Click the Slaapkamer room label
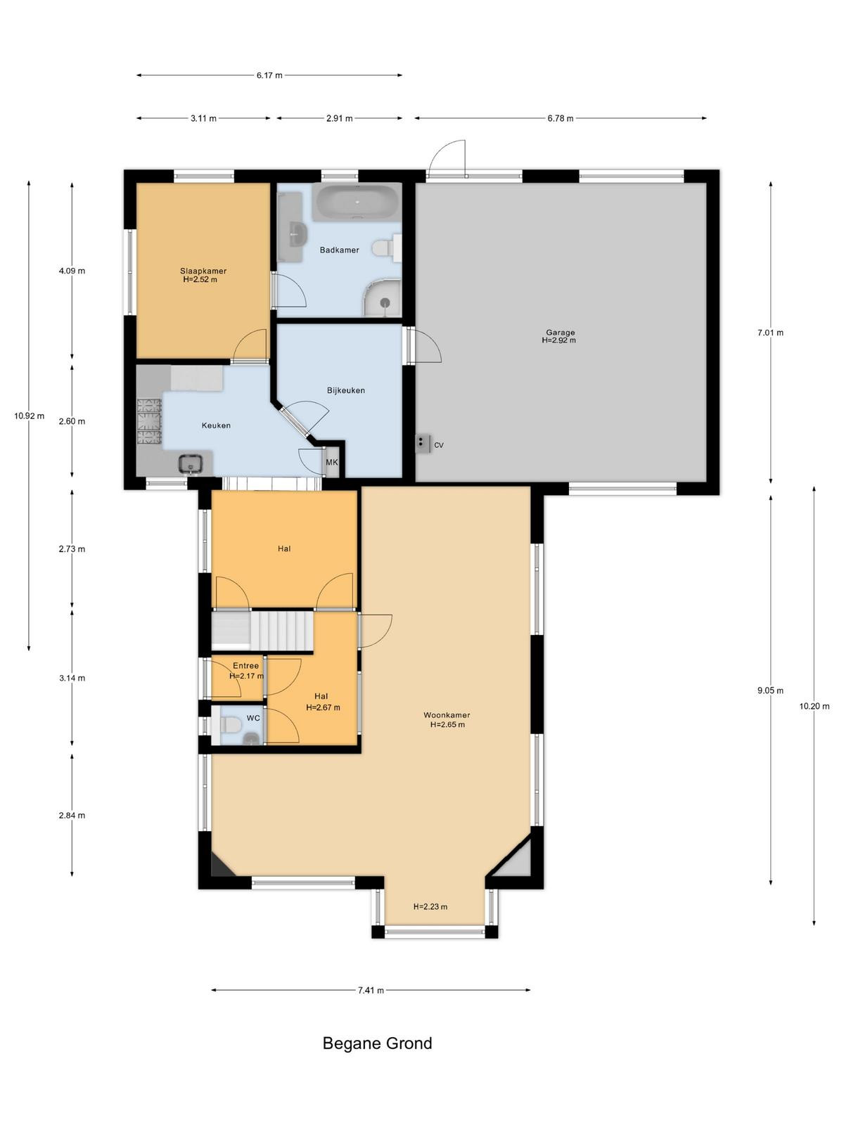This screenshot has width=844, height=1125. coord(203,271)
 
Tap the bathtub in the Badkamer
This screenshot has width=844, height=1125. coord(357,202)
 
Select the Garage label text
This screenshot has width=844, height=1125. coord(560,332)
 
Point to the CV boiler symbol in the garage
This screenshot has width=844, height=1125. coord(422,444)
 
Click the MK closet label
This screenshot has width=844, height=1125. coord(332,462)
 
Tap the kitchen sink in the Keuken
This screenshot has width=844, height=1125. coord(195,463)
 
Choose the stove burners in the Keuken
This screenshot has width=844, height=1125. coord(149,421)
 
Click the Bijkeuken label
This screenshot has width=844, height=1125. coord(346,390)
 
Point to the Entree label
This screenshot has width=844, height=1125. coord(246,666)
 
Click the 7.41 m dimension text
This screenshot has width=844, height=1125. coord(371,990)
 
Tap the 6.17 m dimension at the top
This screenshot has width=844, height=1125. coord(269,75)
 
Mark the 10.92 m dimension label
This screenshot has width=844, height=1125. coord(30,416)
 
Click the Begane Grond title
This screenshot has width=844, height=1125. coord(377,1043)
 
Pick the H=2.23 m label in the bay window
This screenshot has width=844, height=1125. coord(430,906)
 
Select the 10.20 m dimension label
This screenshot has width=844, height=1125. coord(814,706)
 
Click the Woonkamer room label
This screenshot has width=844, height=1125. coord(447,715)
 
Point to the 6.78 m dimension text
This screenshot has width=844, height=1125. coord(560,118)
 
